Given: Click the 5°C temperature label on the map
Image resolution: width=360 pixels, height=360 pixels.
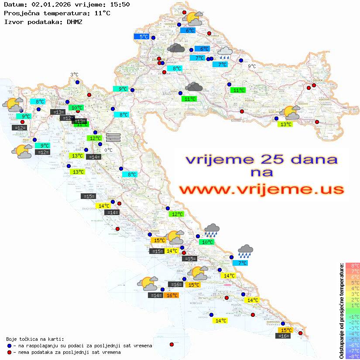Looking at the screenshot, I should pos(144,37).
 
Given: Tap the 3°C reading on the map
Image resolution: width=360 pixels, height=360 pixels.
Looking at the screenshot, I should pos(74,75).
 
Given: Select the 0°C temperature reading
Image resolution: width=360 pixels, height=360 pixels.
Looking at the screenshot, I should pos(108,150).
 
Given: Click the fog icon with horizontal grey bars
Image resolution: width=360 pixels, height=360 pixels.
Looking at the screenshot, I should pos(113,137).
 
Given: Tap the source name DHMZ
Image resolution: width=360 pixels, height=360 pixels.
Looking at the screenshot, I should pos(74,21).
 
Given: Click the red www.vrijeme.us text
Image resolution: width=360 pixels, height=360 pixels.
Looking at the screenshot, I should pos(261,190).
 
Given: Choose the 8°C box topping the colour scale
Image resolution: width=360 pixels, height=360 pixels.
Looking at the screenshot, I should pos(353,265).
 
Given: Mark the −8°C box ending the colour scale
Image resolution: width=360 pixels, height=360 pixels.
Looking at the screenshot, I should pos(353,356).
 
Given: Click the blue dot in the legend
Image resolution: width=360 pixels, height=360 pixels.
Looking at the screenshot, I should pos(9,346).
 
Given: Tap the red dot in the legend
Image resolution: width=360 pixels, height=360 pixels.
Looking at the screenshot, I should pos(9,352).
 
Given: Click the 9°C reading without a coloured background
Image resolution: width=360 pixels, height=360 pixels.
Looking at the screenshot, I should pos(252,66).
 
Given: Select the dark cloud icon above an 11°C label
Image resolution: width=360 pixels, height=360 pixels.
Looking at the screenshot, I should pos(194,87).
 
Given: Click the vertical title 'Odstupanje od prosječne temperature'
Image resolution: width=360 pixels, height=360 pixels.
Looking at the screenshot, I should pos(341,311).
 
